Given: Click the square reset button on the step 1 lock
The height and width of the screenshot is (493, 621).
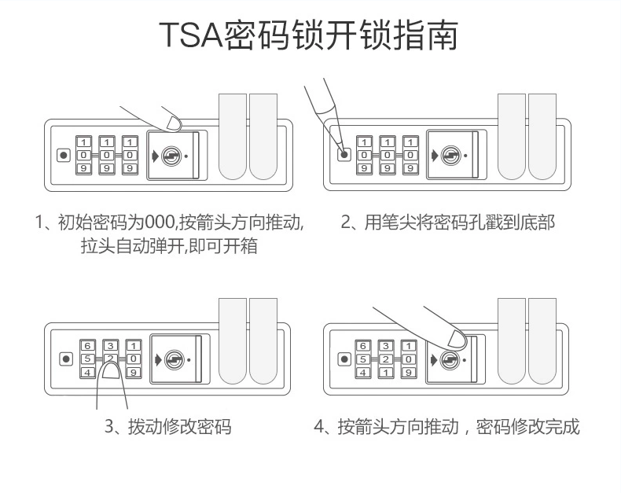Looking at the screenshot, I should pyautogui.click(x=64, y=155).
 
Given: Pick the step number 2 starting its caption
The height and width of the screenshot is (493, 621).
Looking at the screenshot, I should pyautogui.click(x=345, y=223).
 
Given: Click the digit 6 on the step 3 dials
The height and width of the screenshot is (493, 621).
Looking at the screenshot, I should pyautogui.click(x=87, y=346).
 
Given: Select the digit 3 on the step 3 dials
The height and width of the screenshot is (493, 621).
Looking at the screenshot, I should pyautogui.click(x=111, y=346).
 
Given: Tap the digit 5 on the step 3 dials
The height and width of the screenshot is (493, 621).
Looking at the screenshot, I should pyautogui.click(x=87, y=359).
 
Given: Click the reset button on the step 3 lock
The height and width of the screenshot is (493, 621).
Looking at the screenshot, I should pyautogui.click(x=64, y=359).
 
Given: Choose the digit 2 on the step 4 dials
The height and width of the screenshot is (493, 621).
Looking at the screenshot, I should pyautogui.click(x=387, y=359).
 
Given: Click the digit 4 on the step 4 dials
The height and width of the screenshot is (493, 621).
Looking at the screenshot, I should pyautogui.click(x=364, y=373).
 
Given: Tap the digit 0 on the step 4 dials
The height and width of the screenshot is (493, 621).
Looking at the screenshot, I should pyautogui.click(x=410, y=359).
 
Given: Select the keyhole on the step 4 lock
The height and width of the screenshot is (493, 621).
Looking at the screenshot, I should pyautogui.click(x=449, y=359).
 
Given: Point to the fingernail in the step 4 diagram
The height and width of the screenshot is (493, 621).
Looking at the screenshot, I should pyautogui.click(x=452, y=339).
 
